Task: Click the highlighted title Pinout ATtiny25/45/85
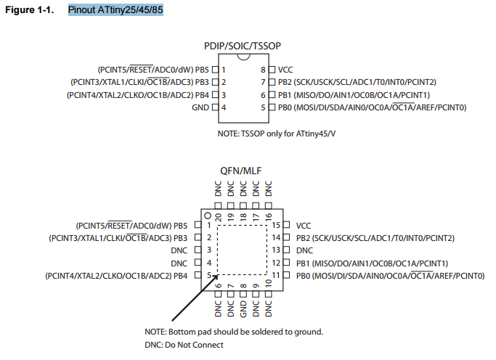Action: tap(115, 9)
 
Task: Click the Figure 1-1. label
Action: tap(30, 9)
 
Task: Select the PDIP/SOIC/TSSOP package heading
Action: tap(243, 46)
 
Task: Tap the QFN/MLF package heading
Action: tap(240, 171)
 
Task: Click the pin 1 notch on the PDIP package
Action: tap(243, 57)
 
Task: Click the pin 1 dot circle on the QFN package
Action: tap(208, 216)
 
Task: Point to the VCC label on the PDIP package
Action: tap(285, 70)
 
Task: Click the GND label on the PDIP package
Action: tap(200, 107)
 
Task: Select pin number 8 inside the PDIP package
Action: tap(263, 70)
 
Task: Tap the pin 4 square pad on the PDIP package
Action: tap(215, 107)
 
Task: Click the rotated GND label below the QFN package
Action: tap(243, 308)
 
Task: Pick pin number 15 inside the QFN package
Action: tap(276, 225)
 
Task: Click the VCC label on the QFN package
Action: tap(304, 226)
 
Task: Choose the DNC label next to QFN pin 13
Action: tap(304, 250)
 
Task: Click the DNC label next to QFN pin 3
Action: tap(179, 250)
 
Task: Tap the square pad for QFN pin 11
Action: tap(286, 274)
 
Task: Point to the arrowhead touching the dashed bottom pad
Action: tap(215, 277)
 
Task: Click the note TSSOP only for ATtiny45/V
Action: tap(277, 134)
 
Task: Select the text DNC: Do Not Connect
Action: tap(184, 345)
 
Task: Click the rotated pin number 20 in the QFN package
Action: tap(218, 217)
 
